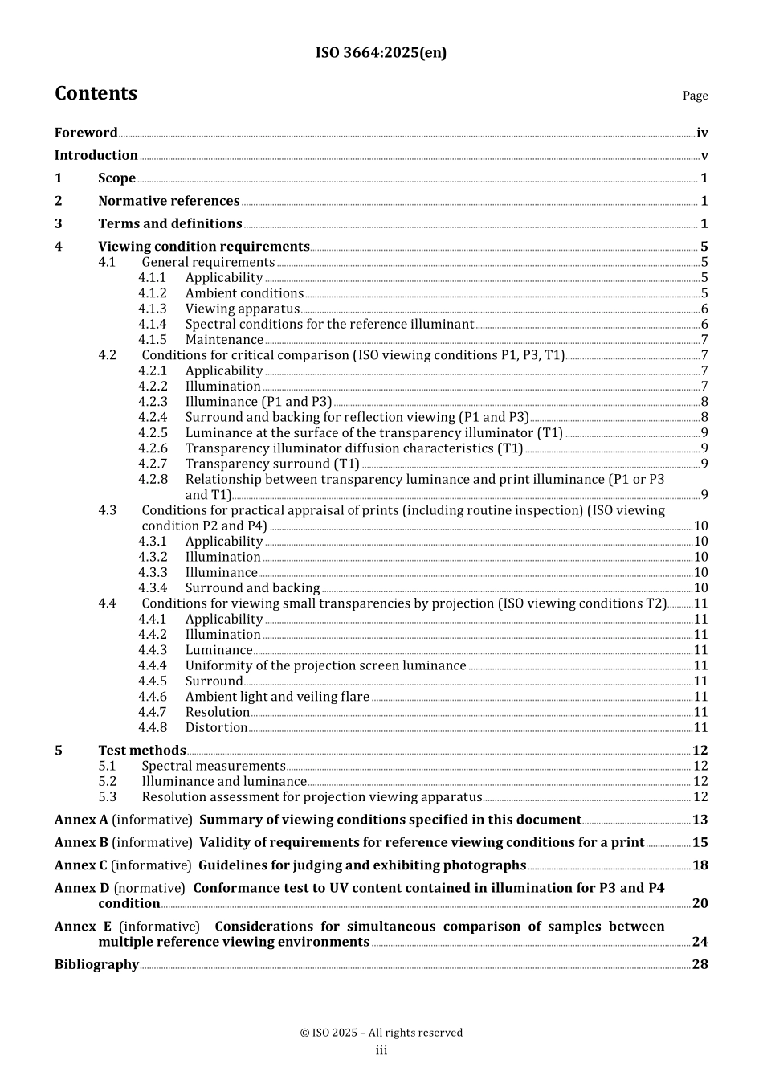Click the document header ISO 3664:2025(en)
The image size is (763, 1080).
point(381,53)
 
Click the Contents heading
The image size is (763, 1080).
point(96,93)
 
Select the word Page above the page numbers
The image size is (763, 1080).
point(695,96)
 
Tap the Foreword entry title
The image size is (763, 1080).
point(86,133)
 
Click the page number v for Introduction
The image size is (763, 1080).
point(704,156)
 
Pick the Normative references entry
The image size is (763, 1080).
point(169,201)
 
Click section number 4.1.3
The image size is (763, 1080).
point(152,309)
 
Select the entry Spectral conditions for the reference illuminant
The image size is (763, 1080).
point(329,325)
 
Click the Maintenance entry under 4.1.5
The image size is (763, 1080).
point(224,340)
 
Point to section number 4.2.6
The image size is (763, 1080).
point(153,448)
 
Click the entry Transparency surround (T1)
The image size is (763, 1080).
point(272,464)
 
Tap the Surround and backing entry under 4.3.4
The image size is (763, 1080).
point(252,588)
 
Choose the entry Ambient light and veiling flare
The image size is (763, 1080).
point(277,697)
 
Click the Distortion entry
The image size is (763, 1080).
point(216,728)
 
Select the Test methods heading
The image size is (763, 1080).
point(141,751)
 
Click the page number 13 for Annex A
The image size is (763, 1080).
point(700,820)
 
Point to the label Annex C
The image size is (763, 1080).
point(80,865)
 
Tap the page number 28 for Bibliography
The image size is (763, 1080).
point(700,964)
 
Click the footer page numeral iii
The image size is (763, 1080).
point(381,1050)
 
